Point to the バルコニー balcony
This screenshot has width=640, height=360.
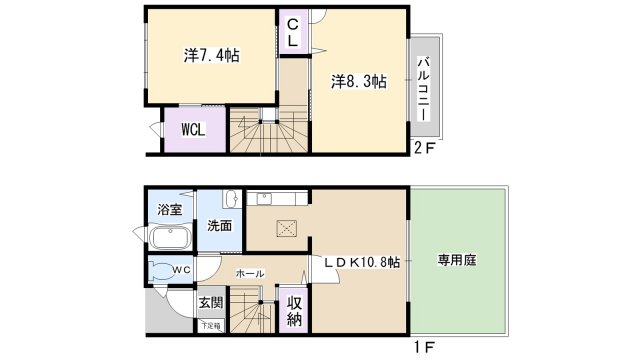click(x=423, y=89)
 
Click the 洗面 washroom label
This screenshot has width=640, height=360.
click(x=219, y=226)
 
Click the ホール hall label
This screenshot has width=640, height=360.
click(x=249, y=272)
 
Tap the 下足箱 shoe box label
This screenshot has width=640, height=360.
click(x=208, y=325)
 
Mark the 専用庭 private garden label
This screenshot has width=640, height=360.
click(x=456, y=260)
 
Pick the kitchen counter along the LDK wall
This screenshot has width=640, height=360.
click(x=281, y=198)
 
